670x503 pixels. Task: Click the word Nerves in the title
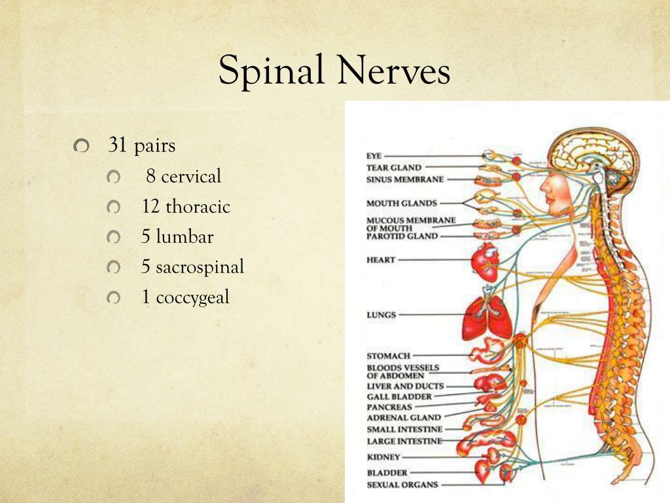pyautogui.click(x=391, y=70)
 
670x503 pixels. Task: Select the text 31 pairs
pyautogui.click(x=142, y=145)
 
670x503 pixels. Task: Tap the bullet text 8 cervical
pyautogui.click(x=184, y=176)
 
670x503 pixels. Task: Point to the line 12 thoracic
pyautogui.click(x=186, y=207)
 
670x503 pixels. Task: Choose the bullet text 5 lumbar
pyautogui.click(x=177, y=236)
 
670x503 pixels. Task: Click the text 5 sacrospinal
pyautogui.click(x=192, y=267)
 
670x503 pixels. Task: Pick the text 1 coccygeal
pyautogui.click(x=186, y=297)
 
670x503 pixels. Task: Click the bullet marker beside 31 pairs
pyautogui.click(x=81, y=147)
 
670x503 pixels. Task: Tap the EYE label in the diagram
pyautogui.click(x=374, y=156)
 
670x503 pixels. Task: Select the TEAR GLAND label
pyautogui.click(x=394, y=168)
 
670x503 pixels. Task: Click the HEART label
pyautogui.click(x=381, y=260)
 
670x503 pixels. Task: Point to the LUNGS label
pyautogui.click(x=381, y=315)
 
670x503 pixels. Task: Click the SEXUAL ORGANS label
pyautogui.click(x=402, y=485)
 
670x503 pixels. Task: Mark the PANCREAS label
pyautogui.click(x=389, y=407)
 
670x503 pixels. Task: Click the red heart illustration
pyautogui.click(x=485, y=260)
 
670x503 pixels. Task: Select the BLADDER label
pyautogui.click(x=387, y=472)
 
